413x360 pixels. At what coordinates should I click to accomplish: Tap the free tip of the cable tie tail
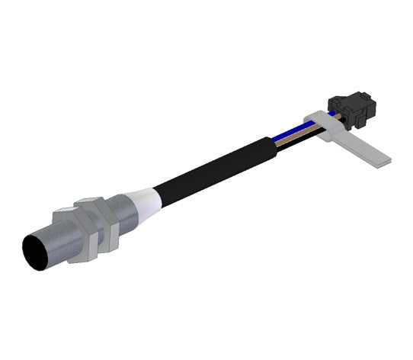(x=387, y=159)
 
